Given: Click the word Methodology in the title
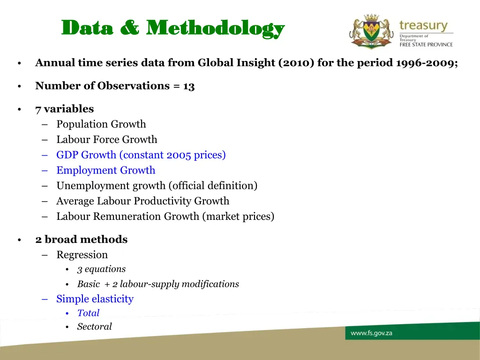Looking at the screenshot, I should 215,29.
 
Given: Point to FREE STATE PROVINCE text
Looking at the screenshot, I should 426,45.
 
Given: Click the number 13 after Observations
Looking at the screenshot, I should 189,86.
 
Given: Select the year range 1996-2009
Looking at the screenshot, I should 425,62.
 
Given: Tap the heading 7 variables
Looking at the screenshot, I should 64,109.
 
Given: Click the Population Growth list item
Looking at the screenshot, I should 101,124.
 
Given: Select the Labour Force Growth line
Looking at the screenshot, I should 106,140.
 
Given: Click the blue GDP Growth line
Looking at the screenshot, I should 141,155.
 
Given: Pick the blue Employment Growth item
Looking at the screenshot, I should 105,171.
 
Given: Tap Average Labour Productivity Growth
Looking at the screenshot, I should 142,202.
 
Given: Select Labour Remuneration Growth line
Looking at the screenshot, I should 165,217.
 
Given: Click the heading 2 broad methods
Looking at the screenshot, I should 81,240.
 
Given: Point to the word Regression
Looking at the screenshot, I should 82,255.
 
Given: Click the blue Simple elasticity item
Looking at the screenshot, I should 95,299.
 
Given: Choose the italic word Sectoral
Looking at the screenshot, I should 94,327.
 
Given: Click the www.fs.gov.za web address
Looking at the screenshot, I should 371,333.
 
